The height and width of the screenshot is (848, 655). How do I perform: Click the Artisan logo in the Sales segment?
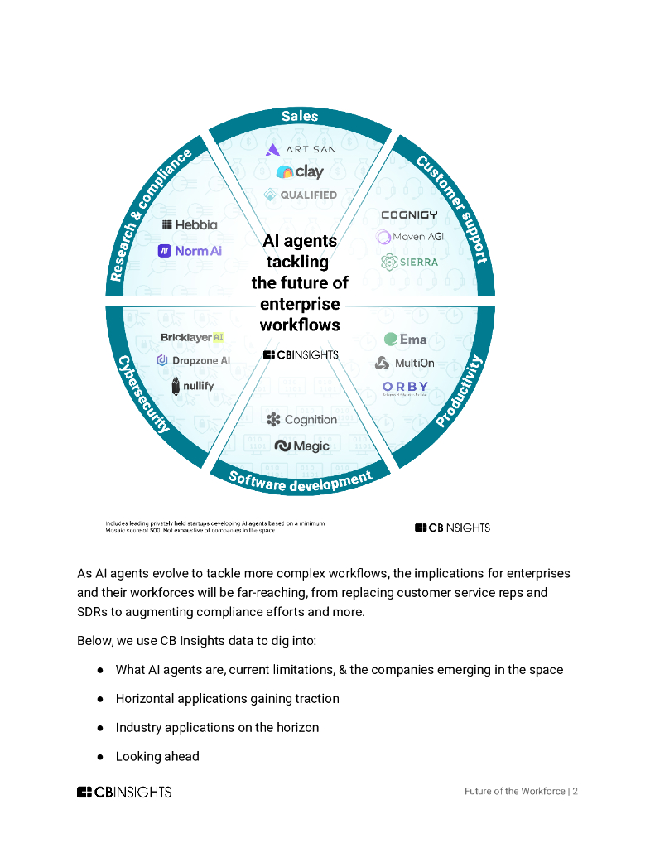(x=300, y=149)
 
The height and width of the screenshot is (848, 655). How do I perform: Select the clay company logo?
(x=300, y=172)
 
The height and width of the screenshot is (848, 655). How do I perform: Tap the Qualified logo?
(x=300, y=195)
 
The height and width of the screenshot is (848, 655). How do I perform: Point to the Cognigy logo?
(x=409, y=215)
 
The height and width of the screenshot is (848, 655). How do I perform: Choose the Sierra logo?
(x=409, y=262)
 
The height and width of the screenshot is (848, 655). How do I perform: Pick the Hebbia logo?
(x=190, y=224)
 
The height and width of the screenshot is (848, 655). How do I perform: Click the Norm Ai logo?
(x=190, y=250)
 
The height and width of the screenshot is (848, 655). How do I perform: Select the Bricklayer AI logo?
(x=192, y=338)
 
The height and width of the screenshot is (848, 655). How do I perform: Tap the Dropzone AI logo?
(x=193, y=360)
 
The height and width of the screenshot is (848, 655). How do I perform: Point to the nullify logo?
(x=192, y=386)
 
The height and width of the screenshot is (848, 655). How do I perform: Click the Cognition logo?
(x=301, y=420)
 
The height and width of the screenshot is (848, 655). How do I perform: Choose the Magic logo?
(x=301, y=446)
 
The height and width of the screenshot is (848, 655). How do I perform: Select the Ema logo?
(x=406, y=340)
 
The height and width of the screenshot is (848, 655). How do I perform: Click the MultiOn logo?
(x=406, y=363)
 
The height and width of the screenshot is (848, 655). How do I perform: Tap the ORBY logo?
(x=406, y=387)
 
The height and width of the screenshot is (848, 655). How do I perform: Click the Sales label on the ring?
(x=300, y=116)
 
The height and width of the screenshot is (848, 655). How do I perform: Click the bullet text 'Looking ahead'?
(x=157, y=756)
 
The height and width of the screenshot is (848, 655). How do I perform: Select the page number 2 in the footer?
(x=575, y=791)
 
